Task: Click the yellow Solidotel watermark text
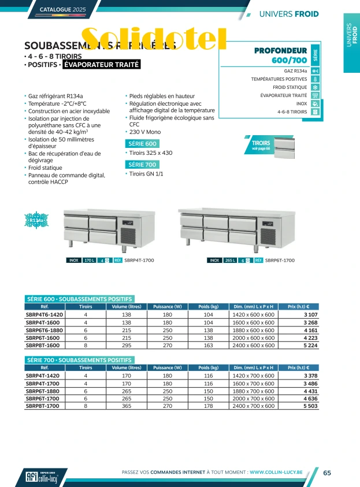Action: [154, 39]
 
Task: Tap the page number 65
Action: [327, 473]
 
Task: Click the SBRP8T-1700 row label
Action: [43, 406]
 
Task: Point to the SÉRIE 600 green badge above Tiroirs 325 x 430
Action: [142, 144]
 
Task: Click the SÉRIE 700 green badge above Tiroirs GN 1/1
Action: [142, 165]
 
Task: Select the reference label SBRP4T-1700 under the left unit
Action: [139, 261]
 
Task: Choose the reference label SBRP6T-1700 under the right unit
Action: [280, 261]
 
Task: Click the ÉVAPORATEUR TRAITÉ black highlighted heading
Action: [101, 65]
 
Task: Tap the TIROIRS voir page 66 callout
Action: [261, 145]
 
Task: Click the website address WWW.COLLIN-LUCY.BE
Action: [276, 473]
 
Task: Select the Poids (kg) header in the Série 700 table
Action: [207, 367]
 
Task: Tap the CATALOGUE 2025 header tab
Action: [64, 10]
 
